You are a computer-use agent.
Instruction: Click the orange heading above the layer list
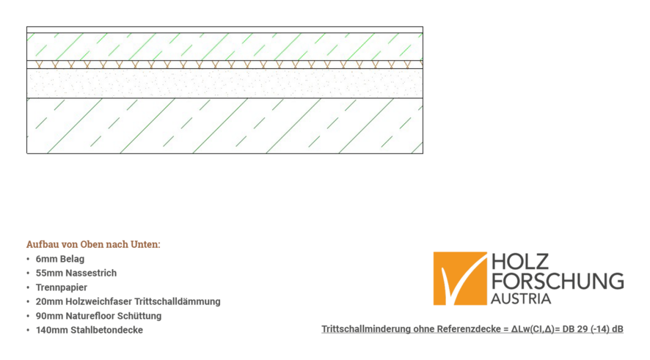93,244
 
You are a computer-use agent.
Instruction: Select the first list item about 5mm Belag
59,259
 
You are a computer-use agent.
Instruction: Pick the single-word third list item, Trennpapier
60,287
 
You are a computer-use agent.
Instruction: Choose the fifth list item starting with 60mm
98,316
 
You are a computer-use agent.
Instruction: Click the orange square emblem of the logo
459,279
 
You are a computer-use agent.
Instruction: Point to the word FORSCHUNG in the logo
558,282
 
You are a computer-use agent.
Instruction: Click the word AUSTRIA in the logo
521,299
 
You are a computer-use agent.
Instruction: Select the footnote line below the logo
472,329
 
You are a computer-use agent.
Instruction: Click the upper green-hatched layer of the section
224,45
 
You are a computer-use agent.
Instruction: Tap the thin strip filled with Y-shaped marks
224,65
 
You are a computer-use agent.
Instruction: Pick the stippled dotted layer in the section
224,83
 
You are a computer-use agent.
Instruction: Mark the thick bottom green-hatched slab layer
224,125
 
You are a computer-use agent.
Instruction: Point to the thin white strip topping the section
224,30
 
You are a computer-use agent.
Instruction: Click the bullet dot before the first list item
28,259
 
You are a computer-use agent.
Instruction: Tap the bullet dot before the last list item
28,330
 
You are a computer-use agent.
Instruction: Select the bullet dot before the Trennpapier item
28,287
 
